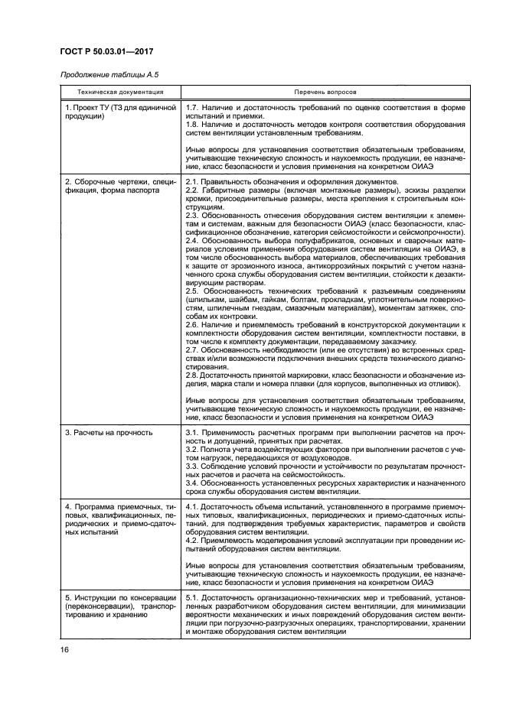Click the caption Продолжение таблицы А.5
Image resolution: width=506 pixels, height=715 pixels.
(109, 74)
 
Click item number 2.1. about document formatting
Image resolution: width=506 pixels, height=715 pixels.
(194, 181)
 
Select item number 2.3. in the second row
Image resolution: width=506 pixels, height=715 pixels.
(194, 215)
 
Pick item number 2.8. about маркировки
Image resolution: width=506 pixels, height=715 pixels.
(194, 375)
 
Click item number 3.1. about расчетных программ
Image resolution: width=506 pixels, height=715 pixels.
(194, 432)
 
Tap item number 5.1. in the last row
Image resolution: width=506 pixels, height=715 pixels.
(194, 597)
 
